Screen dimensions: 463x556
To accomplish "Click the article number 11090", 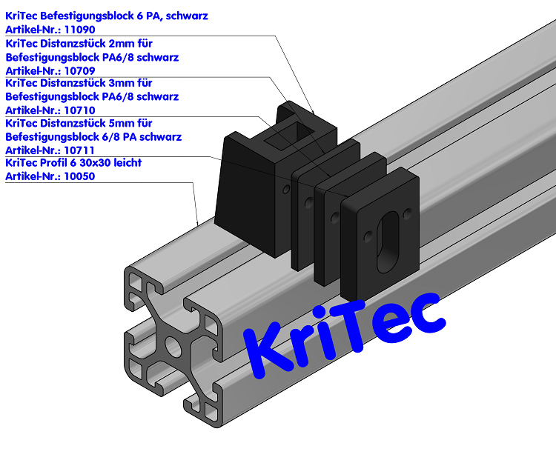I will (x=80, y=30).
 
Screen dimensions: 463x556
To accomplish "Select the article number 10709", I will (x=80, y=70).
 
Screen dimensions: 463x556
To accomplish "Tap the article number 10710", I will (x=80, y=110).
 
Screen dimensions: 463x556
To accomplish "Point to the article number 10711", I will (x=80, y=150).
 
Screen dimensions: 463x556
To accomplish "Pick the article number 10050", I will (x=80, y=176).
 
